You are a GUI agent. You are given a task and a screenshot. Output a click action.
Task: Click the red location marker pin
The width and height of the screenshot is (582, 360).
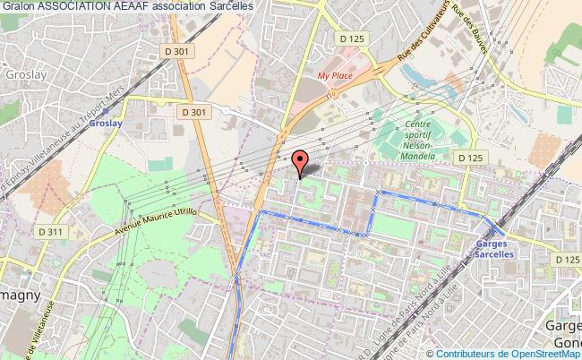(301, 161)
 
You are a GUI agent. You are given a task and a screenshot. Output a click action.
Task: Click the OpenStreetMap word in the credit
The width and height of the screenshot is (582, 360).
(545, 353)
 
